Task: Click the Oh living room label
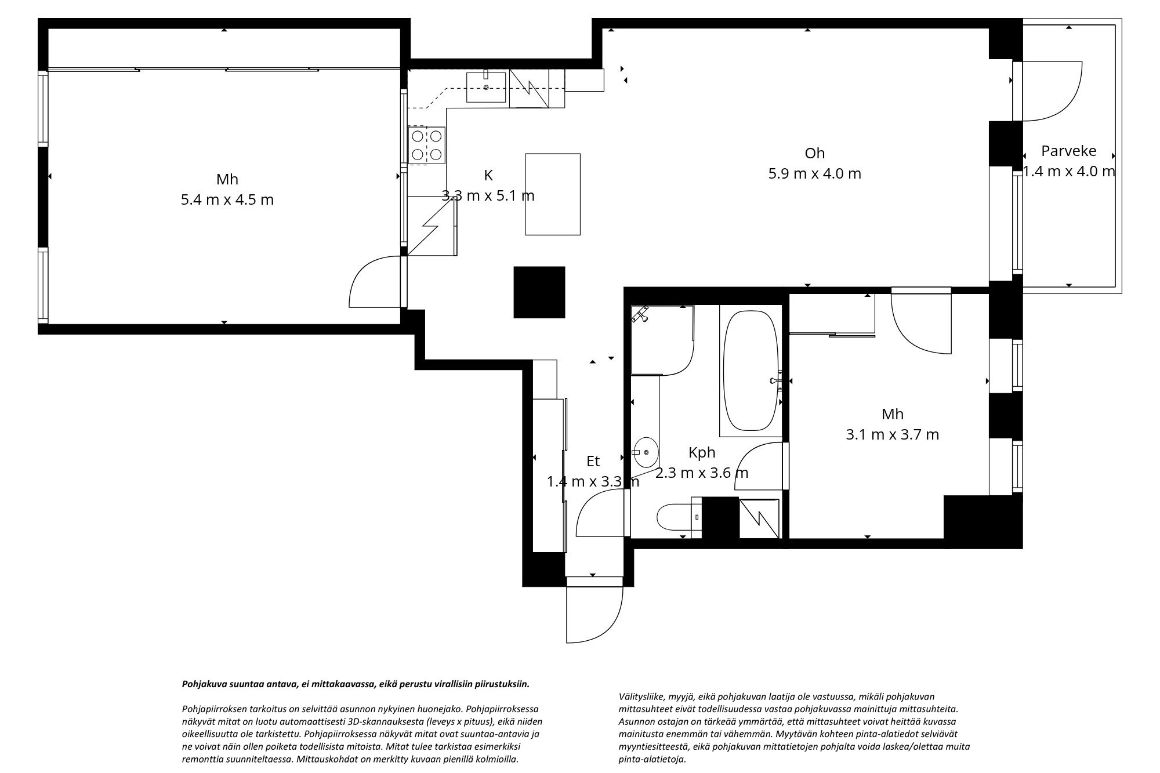point(814,153)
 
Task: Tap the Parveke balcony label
point(1069,151)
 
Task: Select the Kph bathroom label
point(702,453)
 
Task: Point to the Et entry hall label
point(593,461)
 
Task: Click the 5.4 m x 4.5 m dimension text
point(227,199)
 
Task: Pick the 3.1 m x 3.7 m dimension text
point(893,434)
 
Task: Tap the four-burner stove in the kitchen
point(426,145)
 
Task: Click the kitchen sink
point(486,86)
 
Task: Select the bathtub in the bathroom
point(751,371)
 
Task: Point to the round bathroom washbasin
point(645,452)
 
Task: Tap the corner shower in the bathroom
point(662,339)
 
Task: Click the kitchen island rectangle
point(553,194)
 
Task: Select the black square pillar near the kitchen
point(539,292)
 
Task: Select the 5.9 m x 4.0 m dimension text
point(815,173)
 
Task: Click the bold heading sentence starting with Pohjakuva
point(356,684)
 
